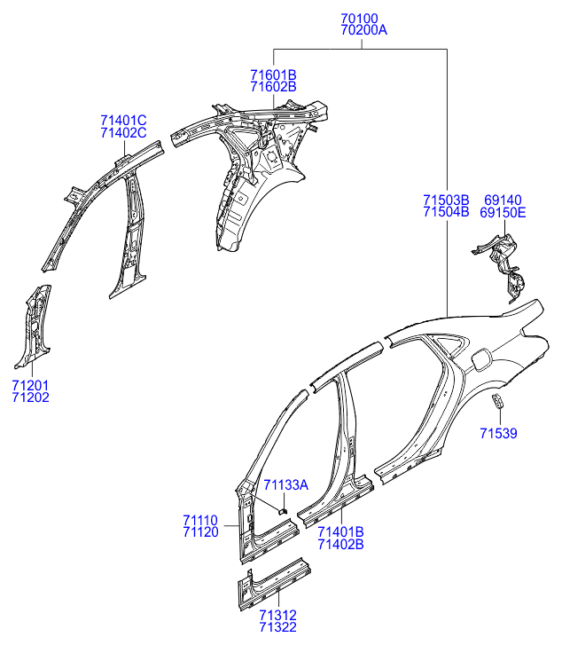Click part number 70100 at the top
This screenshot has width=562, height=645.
[359, 19]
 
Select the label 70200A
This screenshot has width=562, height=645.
[363, 30]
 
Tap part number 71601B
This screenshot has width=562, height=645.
[273, 75]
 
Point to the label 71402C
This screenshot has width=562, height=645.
[123, 133]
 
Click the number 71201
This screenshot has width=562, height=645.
[30, 385]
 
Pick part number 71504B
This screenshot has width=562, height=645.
[446, 212]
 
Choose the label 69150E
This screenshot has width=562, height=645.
[503, 213]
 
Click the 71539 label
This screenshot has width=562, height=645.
[498, 433]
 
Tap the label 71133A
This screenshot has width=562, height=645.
[285, 485]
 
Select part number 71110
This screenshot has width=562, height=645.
[200, 521]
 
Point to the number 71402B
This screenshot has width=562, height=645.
[340, 544]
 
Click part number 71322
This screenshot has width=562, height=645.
[278, 627]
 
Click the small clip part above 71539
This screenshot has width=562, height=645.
[497, 401]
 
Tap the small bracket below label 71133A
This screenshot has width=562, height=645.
[283, 511]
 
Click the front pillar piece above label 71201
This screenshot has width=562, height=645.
[34, 325]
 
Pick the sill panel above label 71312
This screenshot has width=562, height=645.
[274, 584]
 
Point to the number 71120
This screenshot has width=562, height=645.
[200, 532]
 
